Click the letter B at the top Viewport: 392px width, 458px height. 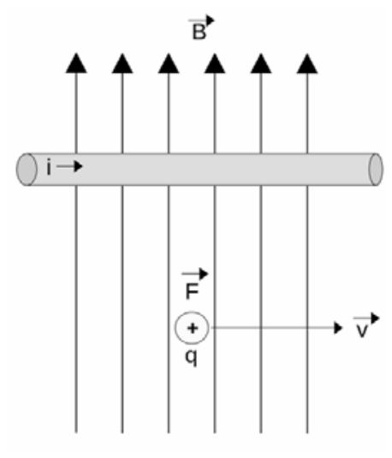[x=199, y=32]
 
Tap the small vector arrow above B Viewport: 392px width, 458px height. [x=201, y=21]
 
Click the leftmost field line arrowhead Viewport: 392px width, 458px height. [x=76, y=63]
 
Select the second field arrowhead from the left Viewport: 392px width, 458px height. [x=122, y=63]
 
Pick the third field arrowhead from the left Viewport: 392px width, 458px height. [x=169, y=63]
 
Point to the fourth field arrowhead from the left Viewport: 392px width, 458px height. [x=215, y=63]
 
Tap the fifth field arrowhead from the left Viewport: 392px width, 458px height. [x=261, y=63]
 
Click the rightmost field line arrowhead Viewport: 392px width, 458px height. [x=307, y=63]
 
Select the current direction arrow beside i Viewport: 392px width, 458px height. [x=69, y=166]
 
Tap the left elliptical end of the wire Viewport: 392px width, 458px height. [x=27, y=170]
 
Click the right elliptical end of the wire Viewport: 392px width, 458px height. [x=376, y=170]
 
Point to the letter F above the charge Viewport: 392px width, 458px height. [x=192, y=291]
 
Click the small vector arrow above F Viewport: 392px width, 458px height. [x=195, y=274]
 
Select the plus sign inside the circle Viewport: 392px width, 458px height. [x=193, y=329]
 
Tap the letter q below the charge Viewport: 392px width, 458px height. [x=192, y=358]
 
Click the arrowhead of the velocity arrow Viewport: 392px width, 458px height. [x=338, y=328]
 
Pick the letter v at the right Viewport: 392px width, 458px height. [x=362, y=330]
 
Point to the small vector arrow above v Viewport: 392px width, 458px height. [x=366, y=318]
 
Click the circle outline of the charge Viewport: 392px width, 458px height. [x=175, y=328]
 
